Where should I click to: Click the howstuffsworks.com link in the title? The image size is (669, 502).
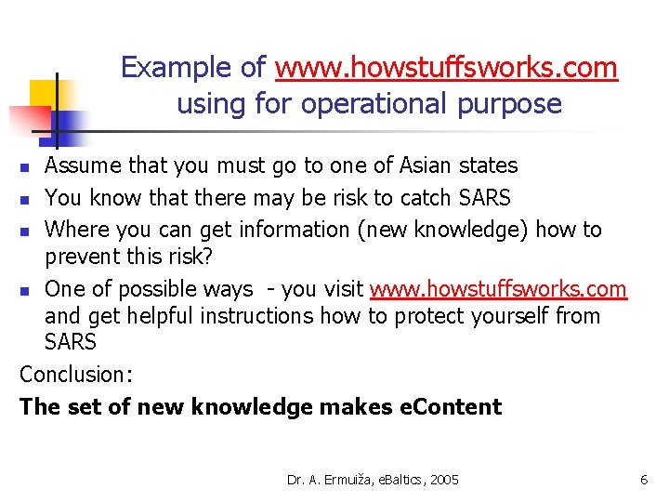pyautogui.click(x=446, y=68)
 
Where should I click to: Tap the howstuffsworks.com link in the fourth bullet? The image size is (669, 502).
pyautogui.click(x=498, y=289)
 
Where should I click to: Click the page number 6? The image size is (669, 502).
pyautogui.click(x=643, y=480)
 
